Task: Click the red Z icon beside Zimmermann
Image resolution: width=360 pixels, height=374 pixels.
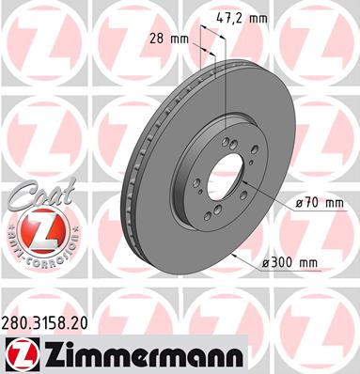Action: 20,352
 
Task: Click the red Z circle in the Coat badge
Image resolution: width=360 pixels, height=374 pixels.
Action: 37,227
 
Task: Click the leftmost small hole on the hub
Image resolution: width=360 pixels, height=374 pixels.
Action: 184,176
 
